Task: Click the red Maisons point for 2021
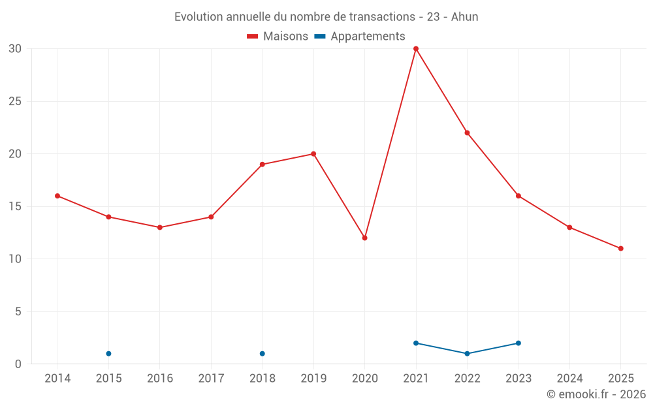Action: [416, 49]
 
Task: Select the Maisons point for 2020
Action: [364, 238]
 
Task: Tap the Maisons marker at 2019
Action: [313, 154]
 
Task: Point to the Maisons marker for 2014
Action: [57, 196]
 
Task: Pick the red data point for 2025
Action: [620, 248]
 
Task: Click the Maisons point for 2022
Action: [467, 133]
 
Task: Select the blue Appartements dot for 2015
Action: [108, 353]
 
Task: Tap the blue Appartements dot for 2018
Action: [262, 353]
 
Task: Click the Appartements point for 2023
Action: [518, 343]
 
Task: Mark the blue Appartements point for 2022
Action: [467, 353]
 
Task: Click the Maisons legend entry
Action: [278, 37]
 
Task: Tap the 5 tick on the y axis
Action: [18, 311]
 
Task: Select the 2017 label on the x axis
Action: [211, 379]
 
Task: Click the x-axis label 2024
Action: [569, 379]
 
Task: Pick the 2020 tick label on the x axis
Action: [364, 379]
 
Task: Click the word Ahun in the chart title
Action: [464, 17]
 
